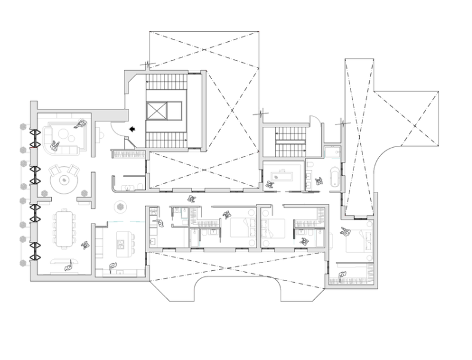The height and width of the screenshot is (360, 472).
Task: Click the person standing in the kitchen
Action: pos(112,265)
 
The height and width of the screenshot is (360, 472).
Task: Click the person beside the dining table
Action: pos(84,245)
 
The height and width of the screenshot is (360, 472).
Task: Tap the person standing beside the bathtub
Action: pos(319,179)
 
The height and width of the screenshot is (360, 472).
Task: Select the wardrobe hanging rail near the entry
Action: pos(128,154)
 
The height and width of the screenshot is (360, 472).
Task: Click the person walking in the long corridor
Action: pos(191,199)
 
